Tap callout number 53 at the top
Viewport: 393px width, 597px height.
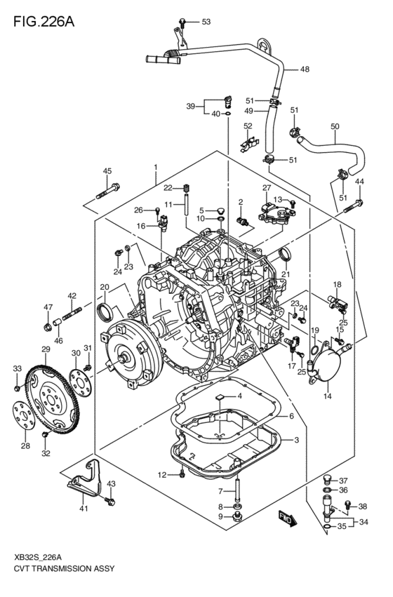pos(206,22)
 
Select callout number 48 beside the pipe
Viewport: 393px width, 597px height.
pos(304,69)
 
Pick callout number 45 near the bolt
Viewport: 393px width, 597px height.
pos(107,171)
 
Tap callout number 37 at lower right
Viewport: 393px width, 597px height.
pos(343,481)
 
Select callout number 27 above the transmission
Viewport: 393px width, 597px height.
pos(267,188)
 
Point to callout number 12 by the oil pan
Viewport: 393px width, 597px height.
pos(161,475)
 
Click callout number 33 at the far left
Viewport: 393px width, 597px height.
pos(18,368)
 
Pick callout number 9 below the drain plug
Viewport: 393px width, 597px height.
pos(220,517)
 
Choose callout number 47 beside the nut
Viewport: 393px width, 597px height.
pos(48,307)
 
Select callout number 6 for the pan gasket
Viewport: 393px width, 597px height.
pos(291,416)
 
